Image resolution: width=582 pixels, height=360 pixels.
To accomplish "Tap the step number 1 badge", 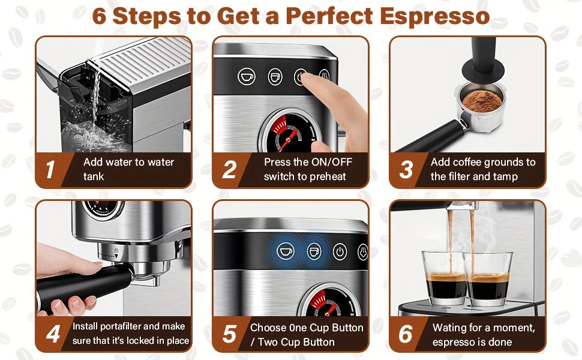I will (x=50, y=170).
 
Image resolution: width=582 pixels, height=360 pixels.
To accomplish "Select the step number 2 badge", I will (x=229, y=170).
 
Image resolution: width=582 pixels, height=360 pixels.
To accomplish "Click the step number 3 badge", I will (x=406, y=170).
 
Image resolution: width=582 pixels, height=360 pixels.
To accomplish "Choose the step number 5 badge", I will (x=229, y=334).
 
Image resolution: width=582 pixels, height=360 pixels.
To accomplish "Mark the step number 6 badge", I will (x=406, y=334).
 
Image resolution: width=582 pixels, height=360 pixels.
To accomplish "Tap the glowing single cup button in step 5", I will (x=286, y=251).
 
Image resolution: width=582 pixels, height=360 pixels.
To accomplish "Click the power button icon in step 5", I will (x=340, y=251).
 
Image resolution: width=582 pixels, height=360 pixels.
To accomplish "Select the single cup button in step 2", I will (x=246, y=77).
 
